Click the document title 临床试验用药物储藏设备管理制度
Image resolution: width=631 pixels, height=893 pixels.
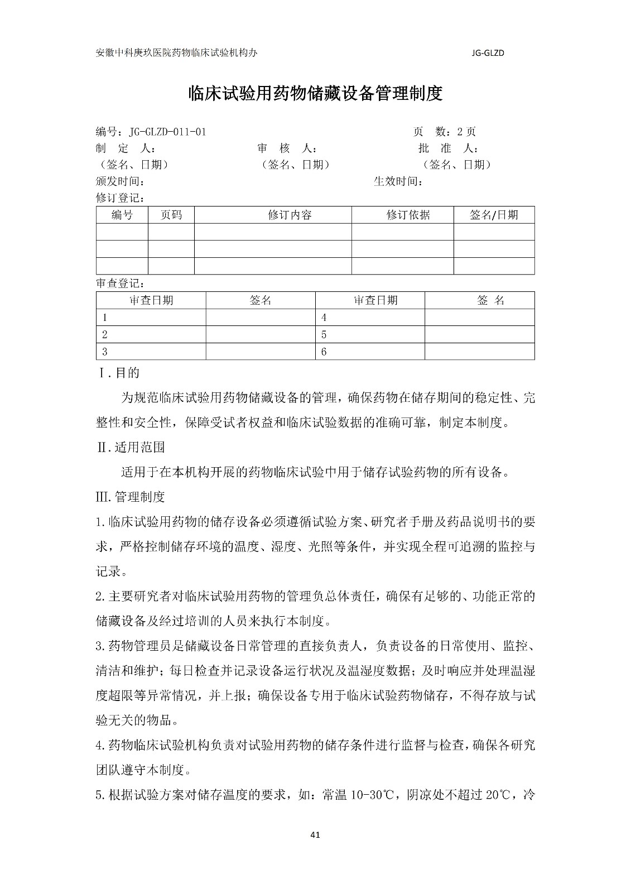click(316, 93)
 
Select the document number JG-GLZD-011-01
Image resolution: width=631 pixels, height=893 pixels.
click(167, 132)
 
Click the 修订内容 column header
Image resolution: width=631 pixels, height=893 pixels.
click(290, 215)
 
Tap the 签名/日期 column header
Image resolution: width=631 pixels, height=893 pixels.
click(494, 215)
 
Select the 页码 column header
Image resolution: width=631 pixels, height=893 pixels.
click(171, 215)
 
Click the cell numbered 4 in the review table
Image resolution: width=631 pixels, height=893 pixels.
click(324, 318)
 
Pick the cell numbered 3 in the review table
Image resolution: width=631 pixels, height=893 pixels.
click(104, 352)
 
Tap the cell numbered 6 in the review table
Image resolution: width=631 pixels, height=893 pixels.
click(324, 352)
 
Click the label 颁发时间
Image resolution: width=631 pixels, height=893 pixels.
click(121, 181)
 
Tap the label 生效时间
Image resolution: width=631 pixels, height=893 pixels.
click(398, 181)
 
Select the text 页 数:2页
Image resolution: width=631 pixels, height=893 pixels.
click(444, 132)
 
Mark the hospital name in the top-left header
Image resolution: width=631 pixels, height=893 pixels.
click(177, 53)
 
